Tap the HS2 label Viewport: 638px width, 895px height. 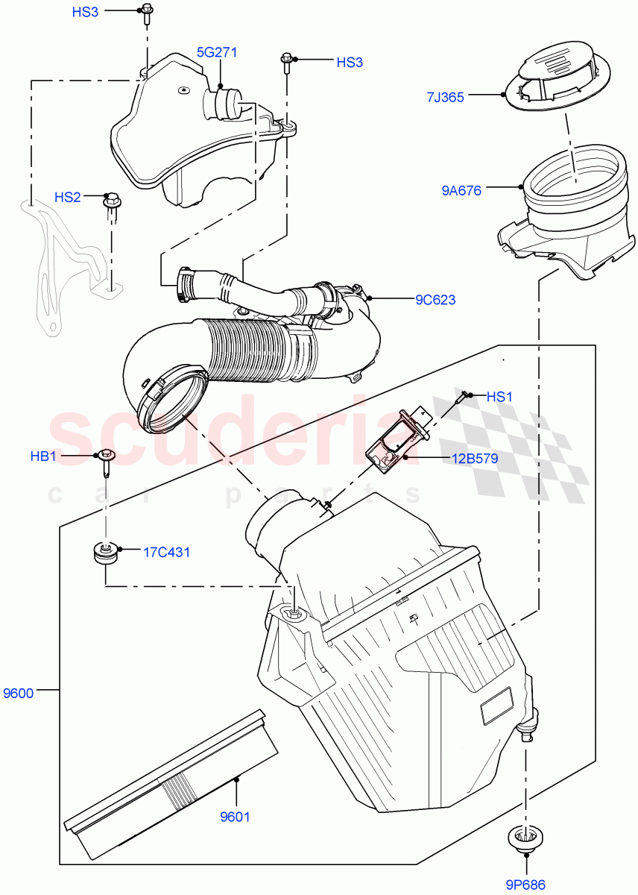(x=68, y=197)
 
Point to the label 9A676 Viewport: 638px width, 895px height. (x=461, y=190)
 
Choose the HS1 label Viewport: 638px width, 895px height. (x=499, y=397)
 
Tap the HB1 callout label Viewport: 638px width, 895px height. (x=43, y=456)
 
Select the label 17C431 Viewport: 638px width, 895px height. (x=166, y=552)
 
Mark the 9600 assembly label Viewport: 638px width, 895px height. (x=18, y=693)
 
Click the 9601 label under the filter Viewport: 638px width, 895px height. (x=235, y=817)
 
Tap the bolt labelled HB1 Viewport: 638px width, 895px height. (x=105, y=463)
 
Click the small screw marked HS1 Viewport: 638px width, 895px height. (x=464, y=395)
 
